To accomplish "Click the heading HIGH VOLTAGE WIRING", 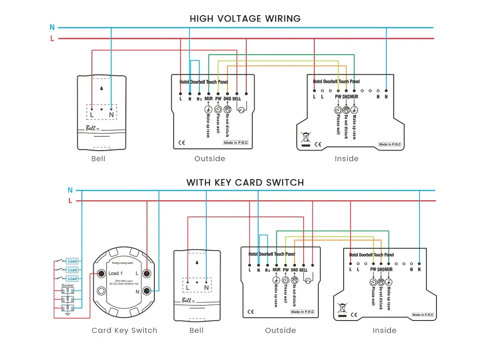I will (x=245, y=19).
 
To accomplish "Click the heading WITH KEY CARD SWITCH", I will (x=245, y=183).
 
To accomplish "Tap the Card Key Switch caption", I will (x=124, y=331).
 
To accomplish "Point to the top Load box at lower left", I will (x=72, y=261).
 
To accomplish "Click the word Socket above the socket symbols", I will (x=68, y=286).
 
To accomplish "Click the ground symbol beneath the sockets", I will (x=68, y=313).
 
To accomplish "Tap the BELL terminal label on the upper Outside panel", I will (x=237, y=99).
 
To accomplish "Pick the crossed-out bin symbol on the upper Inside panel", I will (x=305, y=137).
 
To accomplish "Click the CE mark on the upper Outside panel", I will (x=181, y=143).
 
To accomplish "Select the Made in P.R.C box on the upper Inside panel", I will (x=390, y=144).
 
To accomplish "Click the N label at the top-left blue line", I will (x=52, y=28).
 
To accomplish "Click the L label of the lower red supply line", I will (x=70, y=201).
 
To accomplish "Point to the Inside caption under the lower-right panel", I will (x=384, y=331).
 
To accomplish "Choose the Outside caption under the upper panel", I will (x=210, y=159).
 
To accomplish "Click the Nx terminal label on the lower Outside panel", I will (x=267, y=270).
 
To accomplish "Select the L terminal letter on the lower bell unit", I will (x=187, y=287).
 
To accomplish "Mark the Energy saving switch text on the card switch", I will (x=122, y=263).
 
